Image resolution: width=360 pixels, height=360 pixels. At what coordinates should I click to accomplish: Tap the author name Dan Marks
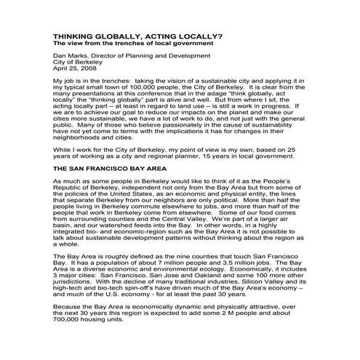70,57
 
